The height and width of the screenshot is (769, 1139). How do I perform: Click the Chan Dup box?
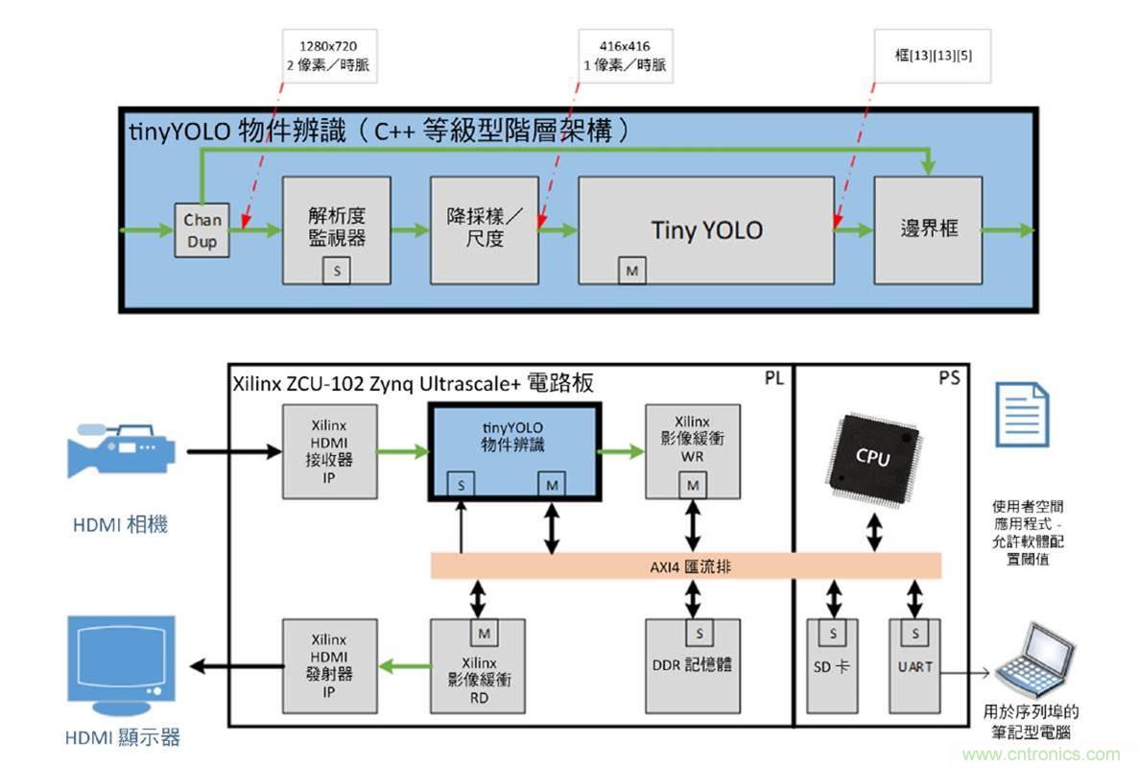tap(202, 230)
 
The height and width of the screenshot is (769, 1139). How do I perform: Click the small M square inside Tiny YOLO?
tap(631, 272)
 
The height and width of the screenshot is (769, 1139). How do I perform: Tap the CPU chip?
tap(873, 459)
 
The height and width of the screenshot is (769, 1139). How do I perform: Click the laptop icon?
tap(1032, 661)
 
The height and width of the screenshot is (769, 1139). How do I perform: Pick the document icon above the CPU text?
tap(1021, 414)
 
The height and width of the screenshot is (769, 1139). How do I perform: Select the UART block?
tap(915, 665)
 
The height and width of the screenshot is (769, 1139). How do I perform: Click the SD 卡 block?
tap(833, 665)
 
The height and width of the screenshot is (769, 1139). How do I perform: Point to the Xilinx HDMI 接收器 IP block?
tap(328, 451)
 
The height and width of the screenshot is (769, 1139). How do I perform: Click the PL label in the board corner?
tap(773, 379)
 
